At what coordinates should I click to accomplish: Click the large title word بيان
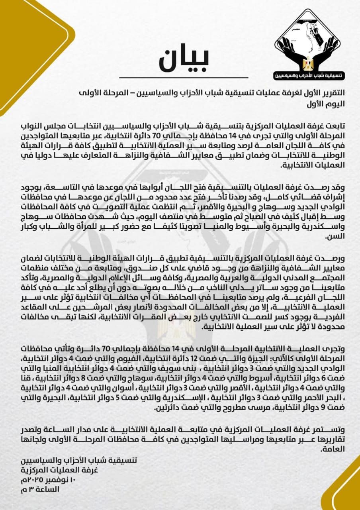(x=184, y=60)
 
